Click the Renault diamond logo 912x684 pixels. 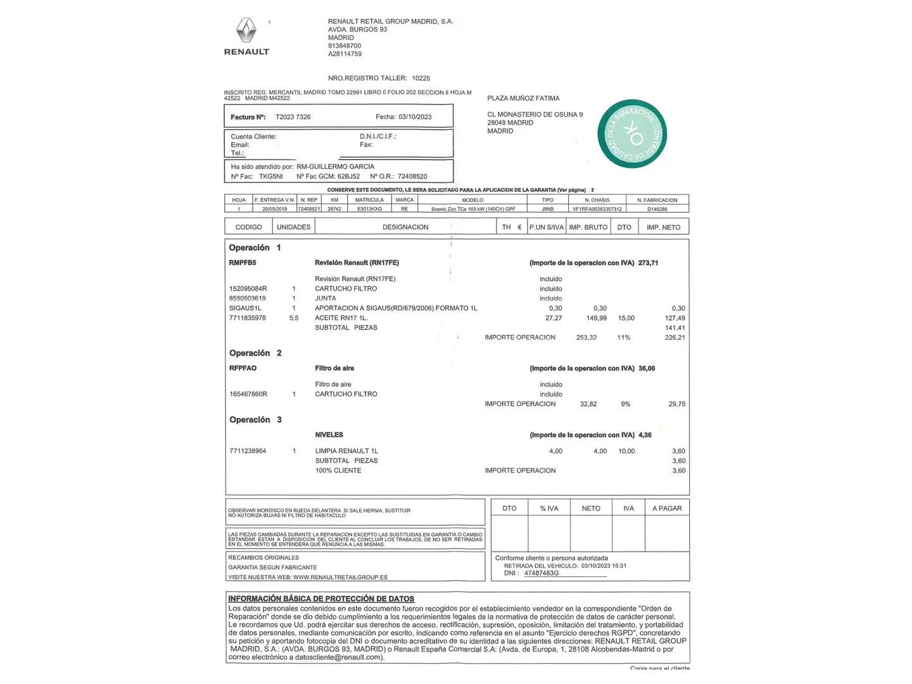pyautogui.click(x=246, y=31)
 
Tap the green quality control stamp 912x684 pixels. pyautogui.click(x=632, y=134)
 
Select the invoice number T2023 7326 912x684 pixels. pyautogui.click(x=293, y=117)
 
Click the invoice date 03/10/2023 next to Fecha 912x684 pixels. pyautogui.click(x=415, y=117)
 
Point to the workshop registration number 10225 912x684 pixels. pyautogui.click(x=421, y=79)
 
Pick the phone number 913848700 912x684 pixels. pyautogui.click(x=345, y=46)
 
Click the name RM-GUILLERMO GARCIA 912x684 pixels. pyautogui.click(x=335, y=167)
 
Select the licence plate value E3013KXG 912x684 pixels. pyautogui.click(x=369, y=209)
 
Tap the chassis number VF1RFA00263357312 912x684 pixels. pyautogui.click(x=597, y=209)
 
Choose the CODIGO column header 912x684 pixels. pyautogui.click(x=248, y=227)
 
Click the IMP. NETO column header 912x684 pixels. pyautogui.click(x=663, y=227)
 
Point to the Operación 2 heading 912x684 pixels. pyautogui.click(x=255, y=353)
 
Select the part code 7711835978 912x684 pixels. pyautogui.click(x=248, y=318)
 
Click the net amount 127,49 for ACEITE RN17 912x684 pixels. pyautogui.click(x=674, y=318)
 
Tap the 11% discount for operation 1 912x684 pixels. pyautogui.click(x=624, y=338)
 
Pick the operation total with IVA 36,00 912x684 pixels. pyautogui.click(x=647, y=369)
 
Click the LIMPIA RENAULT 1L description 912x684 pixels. pyautogui.click(x=346, y=451)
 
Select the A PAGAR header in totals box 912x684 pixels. pyautogui.click(x=667, y=509)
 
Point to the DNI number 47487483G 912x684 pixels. pyautogui.click(x=541, y=573)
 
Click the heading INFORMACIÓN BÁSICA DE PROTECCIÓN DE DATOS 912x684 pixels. pyautogui.click(x=321, y=598)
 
